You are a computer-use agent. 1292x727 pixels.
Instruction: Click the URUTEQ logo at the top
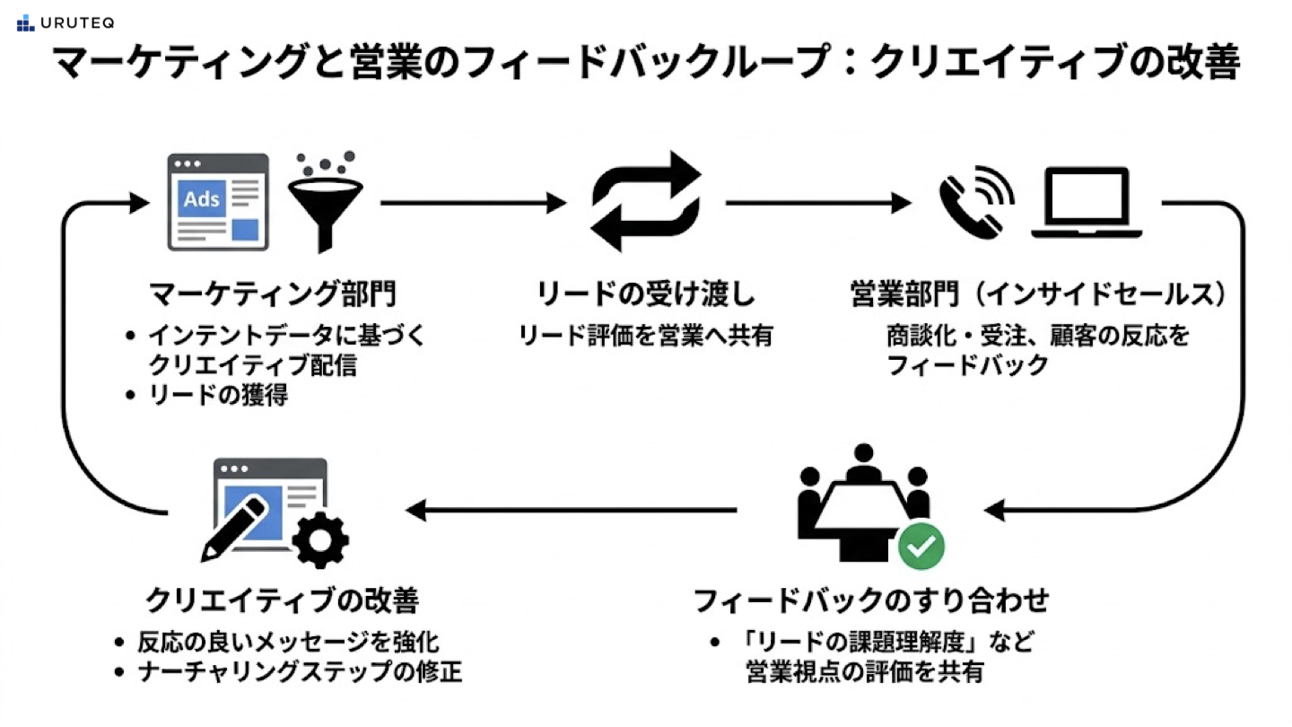click(65, 23)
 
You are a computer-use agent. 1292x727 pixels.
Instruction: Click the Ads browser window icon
click(218, 202)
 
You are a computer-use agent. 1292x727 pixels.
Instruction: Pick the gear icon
click(320, 539)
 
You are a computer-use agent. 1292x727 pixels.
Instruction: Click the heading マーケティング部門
click(274, 293)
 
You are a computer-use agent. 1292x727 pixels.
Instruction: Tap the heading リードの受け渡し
click(646, 293)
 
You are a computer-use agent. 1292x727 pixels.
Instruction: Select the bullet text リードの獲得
click(218, 396)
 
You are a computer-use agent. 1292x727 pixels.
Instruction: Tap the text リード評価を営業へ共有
click(646, 336)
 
